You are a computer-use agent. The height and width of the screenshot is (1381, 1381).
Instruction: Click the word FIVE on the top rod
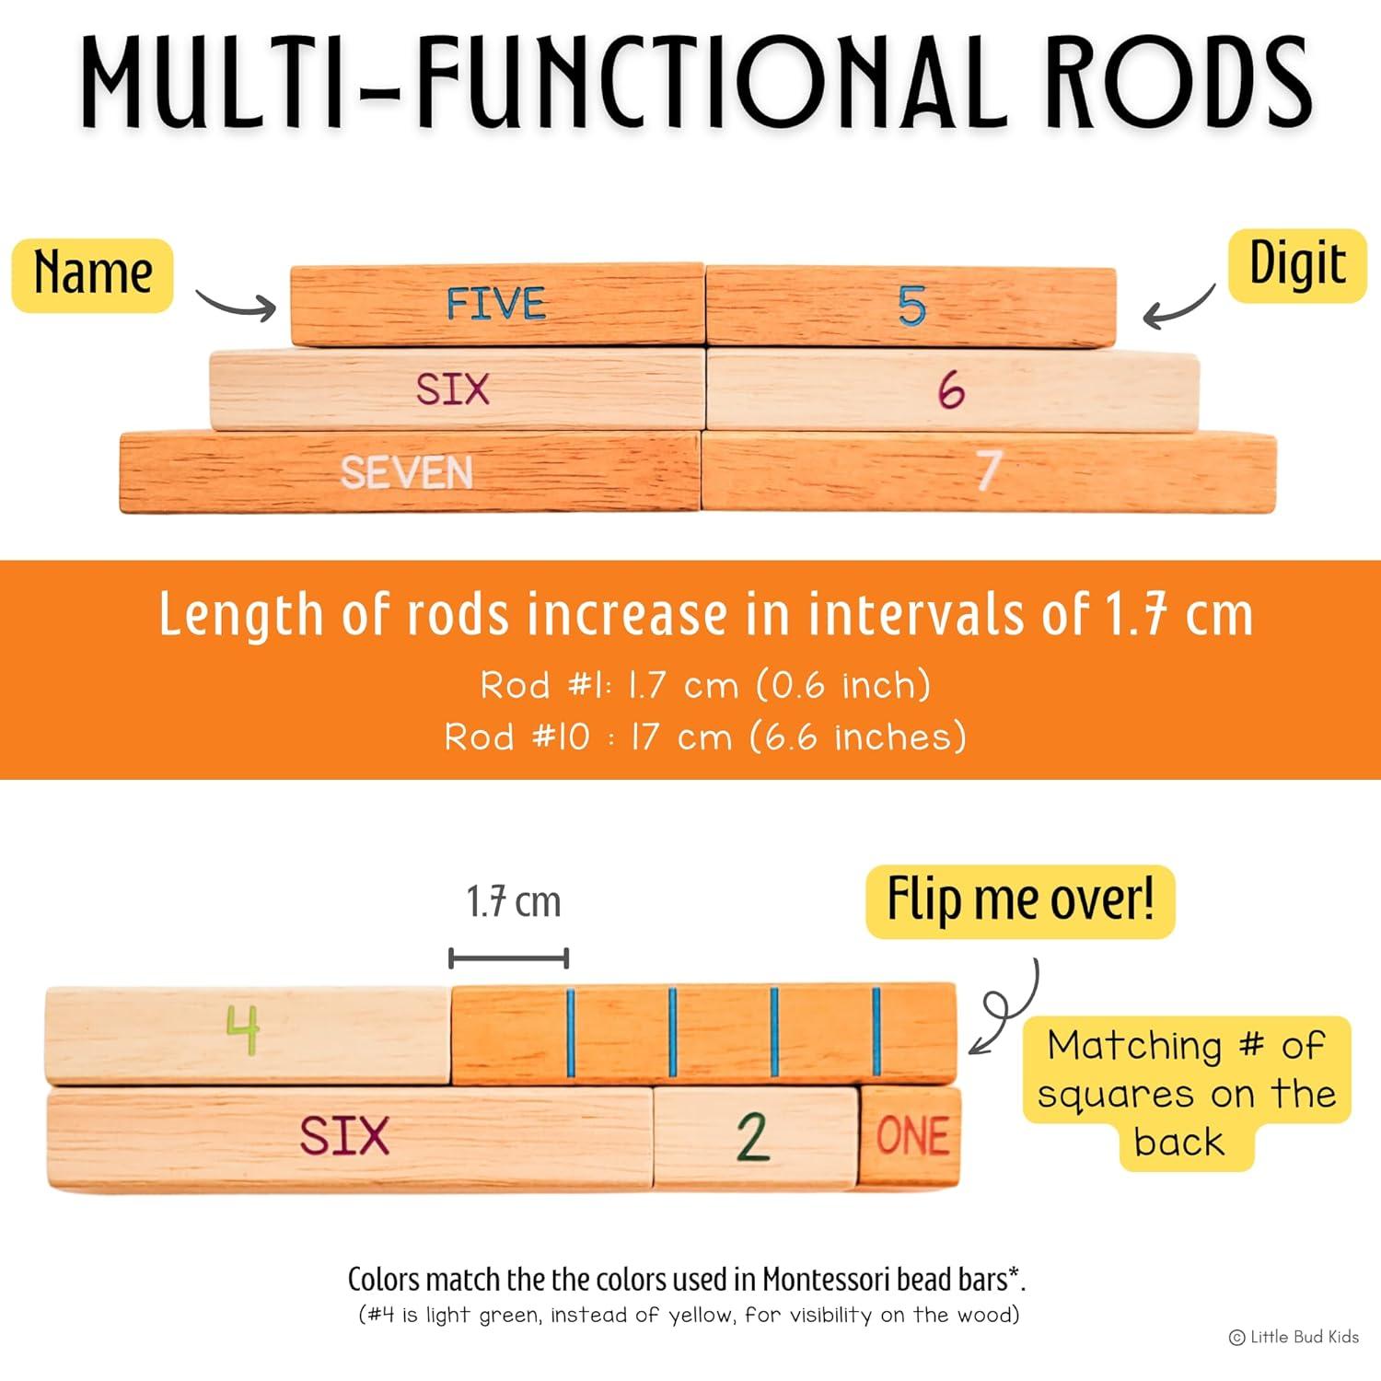[495, 304]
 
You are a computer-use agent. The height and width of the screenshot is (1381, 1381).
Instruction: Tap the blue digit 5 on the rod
[911, 306]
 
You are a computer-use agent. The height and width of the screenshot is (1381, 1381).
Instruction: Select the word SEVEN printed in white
[407, 472]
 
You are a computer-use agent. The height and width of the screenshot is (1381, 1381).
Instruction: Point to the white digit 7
[989, 470]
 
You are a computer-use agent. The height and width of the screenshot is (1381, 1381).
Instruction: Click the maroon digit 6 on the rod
[951, 390]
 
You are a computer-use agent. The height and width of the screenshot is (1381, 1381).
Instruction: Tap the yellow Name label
[93, 274]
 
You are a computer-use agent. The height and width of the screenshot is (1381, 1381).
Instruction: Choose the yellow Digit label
[1297, 265]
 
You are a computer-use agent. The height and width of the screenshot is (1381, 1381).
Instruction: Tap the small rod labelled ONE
[911, 1136]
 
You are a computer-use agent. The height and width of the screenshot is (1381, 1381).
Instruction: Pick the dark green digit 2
[753, 1137]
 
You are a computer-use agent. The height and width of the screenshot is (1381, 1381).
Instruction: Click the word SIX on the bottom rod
[344, 1135]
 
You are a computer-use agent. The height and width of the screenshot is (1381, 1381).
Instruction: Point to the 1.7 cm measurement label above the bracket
[513, 901]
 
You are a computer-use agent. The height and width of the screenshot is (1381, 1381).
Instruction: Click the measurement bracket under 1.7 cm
[508, 958]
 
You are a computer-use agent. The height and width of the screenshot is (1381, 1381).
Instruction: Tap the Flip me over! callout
[1020, 900]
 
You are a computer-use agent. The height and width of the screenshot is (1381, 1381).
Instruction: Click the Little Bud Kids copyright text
[1294, 1337]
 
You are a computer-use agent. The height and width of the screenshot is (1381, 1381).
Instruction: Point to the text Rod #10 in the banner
[516, 737]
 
